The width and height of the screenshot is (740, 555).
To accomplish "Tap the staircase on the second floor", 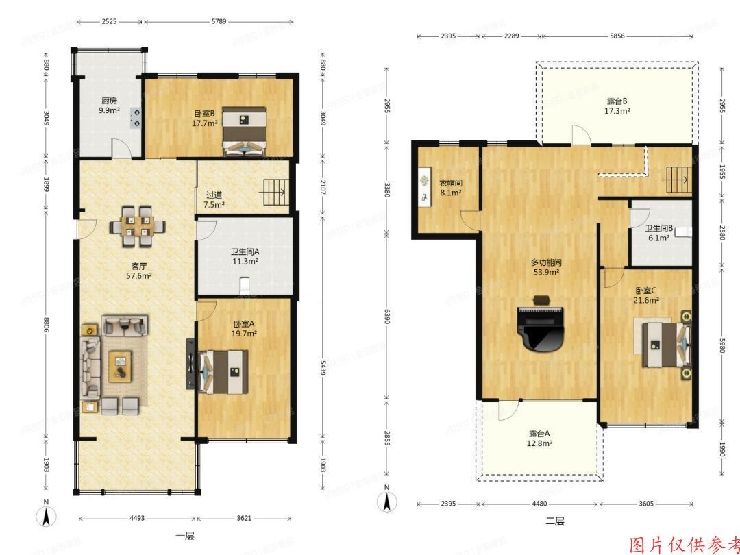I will point(677,180).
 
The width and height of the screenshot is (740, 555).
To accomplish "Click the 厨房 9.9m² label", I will point(109,104).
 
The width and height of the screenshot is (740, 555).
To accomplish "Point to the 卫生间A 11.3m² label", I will point(244,256).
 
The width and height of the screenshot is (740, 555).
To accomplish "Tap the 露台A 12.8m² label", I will point(540,438).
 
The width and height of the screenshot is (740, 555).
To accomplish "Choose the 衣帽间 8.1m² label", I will point(450,188).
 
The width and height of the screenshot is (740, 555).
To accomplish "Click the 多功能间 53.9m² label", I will point(545,267).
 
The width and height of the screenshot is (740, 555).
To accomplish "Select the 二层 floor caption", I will point(554,521).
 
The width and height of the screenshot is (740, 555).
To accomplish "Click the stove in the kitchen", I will point(136,118).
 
